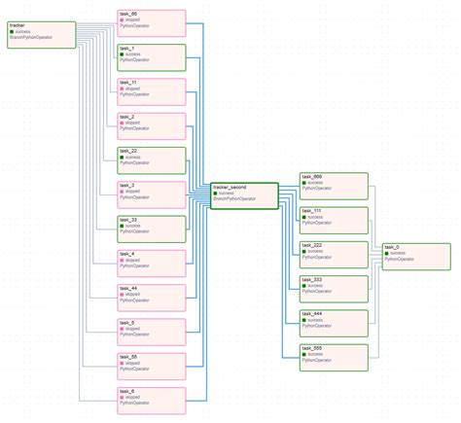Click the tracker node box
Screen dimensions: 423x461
pyautogui.click(x=41, y=33)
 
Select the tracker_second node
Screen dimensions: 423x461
pyautogui.click(x=244, y=195)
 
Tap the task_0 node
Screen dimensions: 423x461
pyautogui.click(x=416, y=256)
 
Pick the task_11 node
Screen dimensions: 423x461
pyautogui.click(x=151, y=91)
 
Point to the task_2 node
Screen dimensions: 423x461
pyautogui.click(x=151, y=125)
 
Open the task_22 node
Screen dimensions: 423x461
pyautogui.click(x=151, y=160)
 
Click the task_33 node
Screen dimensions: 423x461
pyautogui.click(x=151, y=229)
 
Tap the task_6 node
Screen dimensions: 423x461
pyautogui.click(x=151, y=400)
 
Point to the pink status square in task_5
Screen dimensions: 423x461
pyautogui.click(x=122, y=329)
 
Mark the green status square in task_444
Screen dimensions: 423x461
pyautogui.click(x=304, y=320)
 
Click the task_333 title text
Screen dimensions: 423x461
pyautogui.click(x=312, y=280)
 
